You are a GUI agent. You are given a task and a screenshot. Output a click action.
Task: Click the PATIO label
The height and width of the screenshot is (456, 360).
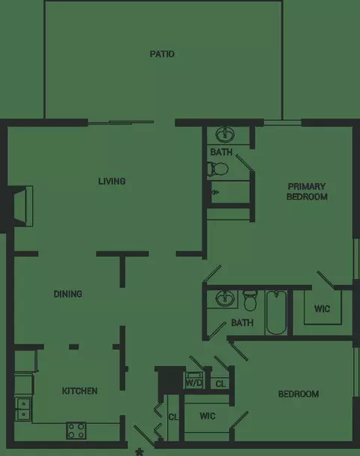[162, 54]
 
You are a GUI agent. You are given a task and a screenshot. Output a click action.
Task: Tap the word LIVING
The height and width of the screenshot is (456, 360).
[111, 181]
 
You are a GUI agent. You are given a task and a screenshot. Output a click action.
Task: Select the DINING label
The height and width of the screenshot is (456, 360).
[67, 294]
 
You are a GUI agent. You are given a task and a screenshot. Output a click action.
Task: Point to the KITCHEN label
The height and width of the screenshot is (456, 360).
[79, 391]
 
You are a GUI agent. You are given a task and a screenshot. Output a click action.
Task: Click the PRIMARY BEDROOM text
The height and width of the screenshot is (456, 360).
[307, 191]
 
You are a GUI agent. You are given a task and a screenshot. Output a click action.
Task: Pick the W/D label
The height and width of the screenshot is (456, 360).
[195, 383]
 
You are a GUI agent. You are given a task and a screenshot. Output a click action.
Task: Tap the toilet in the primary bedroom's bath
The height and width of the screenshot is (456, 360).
[214, 169]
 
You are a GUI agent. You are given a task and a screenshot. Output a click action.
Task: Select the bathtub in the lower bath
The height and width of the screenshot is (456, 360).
[276, 313]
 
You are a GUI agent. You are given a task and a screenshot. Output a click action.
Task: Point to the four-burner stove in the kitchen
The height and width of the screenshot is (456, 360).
[76, 430]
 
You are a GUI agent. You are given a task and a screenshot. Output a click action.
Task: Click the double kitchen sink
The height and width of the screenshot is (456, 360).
[22, 408]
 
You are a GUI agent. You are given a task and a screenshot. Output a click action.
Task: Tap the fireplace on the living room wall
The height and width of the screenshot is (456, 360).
[21, 205]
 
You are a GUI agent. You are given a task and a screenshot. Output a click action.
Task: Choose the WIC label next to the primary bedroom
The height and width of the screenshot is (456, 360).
[322, 308]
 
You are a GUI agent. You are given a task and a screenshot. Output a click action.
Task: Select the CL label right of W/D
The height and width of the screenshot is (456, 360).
[220, 384]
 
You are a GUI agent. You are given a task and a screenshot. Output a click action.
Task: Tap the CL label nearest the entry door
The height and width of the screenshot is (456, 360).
[172, 416]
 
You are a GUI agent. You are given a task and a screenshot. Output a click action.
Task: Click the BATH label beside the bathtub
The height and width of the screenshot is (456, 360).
[241, 323]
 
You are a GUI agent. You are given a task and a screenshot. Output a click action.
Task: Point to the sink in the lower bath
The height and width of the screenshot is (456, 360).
[223, 299]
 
